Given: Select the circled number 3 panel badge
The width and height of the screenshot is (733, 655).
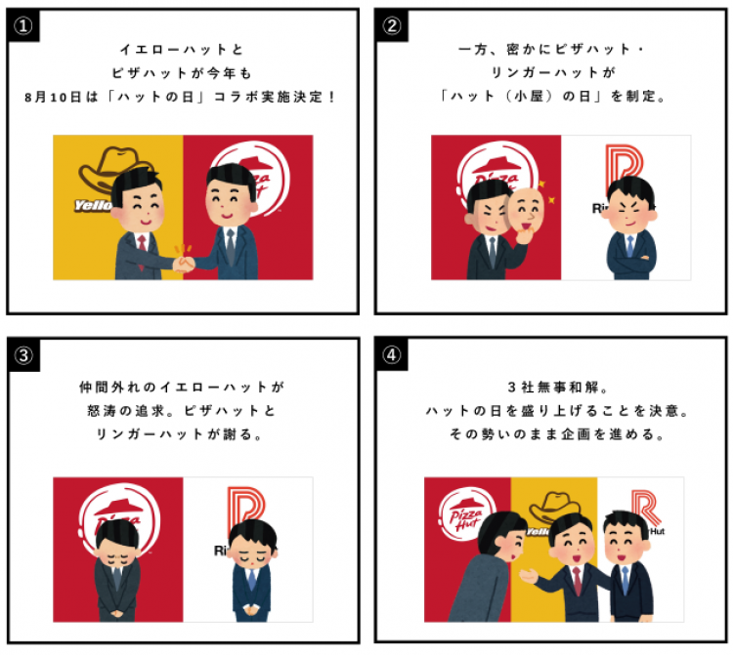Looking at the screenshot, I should point(23,354).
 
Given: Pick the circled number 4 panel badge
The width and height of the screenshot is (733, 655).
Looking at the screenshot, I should point(392,354).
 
